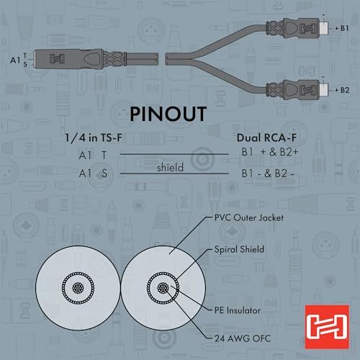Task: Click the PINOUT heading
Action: (168, 114)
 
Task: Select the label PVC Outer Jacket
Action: (249, 218)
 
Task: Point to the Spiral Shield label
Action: (239, 249)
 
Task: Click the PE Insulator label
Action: (238, 310)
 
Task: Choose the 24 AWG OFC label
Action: (243, 338)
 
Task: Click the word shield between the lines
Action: (170, 167)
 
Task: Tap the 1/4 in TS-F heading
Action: (94, 138)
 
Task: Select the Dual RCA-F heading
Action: (266, 138)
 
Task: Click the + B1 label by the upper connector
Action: (342, 28)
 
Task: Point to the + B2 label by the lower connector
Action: (342, 90)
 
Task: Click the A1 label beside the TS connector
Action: (15, 60)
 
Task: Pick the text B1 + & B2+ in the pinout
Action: (270, 152)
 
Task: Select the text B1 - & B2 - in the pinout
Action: (268, 174)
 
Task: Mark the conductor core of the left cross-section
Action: (78, 287)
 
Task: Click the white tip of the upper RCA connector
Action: (323, 28)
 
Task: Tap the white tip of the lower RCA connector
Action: (323, 90)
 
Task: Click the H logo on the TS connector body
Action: (57, 59)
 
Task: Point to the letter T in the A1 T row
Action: (104, 156)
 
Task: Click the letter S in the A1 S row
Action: (104, 174)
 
